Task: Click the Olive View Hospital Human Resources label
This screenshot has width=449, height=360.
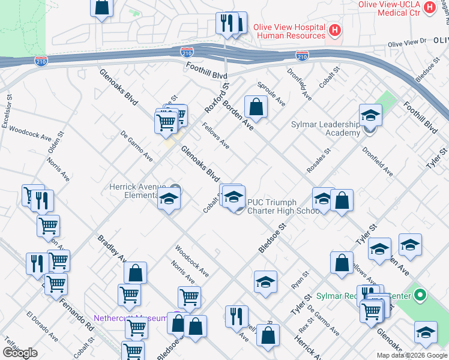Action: (289, 31)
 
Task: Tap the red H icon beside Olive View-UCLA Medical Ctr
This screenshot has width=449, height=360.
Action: (429, 7)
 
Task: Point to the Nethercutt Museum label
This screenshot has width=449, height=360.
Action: (129, 318)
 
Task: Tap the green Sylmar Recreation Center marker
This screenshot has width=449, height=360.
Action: (420, 295)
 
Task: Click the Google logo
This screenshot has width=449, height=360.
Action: (20, 353)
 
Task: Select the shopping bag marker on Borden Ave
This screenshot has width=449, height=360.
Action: (256, 107)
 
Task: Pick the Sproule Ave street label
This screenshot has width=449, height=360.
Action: (271, 94)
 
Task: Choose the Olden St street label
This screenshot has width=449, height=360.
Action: (55, 146)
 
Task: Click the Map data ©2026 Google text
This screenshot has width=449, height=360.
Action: (412, 355)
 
